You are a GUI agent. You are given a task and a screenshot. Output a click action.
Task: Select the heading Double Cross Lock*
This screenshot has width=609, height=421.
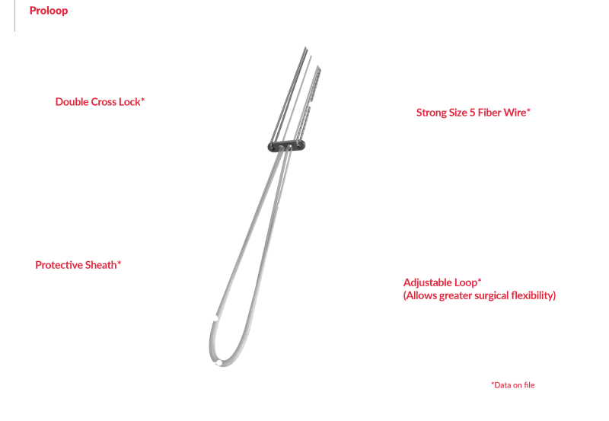(100, 102)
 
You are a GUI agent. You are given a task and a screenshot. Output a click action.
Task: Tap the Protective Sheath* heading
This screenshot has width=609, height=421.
(78, 265)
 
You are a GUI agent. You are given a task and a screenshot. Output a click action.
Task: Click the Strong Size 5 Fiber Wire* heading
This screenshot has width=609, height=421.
(473, 113)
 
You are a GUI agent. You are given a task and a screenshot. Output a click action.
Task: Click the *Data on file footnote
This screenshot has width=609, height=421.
(512, 385)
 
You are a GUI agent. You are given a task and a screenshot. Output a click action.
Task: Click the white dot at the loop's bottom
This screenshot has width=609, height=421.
(219, 363)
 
